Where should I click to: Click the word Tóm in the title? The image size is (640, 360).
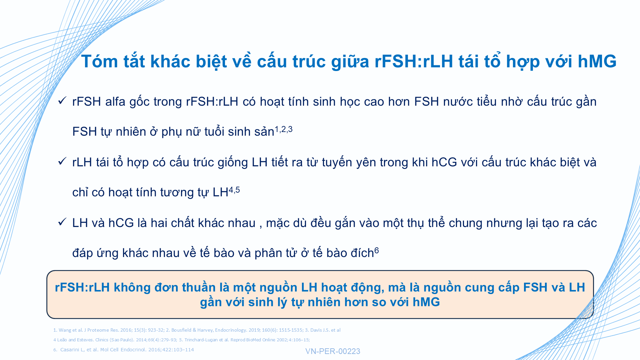[100, 61]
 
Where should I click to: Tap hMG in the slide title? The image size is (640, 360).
[597, 61]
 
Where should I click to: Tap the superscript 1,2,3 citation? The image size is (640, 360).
[283, 129]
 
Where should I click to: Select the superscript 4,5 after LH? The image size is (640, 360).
[234, 190]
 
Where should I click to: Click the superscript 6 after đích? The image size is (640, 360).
[377, 250]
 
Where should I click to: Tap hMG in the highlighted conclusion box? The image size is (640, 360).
[426, 302]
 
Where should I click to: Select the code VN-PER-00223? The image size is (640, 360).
[333, 351]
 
